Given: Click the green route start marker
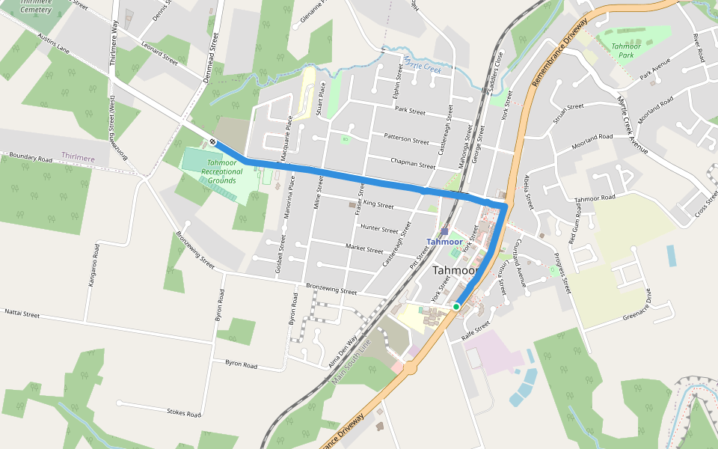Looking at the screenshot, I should (455, 306).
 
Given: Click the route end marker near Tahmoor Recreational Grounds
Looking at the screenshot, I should (213, 141).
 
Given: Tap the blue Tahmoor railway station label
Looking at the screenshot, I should (444, 242).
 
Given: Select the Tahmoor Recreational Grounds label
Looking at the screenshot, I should (222, 171).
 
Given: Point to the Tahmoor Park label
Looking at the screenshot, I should (626, 50).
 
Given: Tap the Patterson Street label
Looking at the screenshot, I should (406, 138).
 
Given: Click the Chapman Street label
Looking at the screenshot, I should (412, 162).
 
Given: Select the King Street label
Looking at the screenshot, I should (377, 204).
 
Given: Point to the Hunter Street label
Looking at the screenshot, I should (379, 228).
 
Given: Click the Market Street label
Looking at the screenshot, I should (365, 248).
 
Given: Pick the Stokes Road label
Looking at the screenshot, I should (184, 412).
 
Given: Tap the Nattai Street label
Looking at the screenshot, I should (22, 314).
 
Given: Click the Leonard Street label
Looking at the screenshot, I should (158, 56).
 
